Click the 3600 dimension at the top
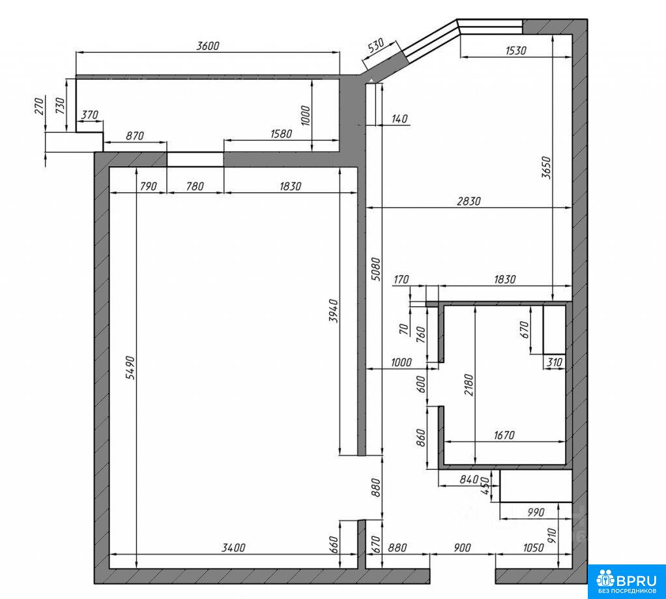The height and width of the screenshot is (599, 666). (208, 46)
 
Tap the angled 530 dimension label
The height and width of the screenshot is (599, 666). (376, 45)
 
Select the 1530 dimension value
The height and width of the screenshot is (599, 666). (516, 51)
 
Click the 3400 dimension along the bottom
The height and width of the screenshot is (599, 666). (233, 548)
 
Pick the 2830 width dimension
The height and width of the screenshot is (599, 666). (469, 201)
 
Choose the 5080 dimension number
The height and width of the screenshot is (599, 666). (376, 269)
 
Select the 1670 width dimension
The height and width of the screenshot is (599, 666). (504, 435)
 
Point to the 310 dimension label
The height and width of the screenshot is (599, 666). (555, 362)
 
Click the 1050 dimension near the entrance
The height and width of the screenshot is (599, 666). (533, 548)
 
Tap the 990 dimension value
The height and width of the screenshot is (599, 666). (536, 512)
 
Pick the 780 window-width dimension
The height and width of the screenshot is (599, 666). (195, 186)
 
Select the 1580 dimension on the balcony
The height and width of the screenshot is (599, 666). (281, 134)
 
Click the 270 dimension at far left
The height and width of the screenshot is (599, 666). (39, 106)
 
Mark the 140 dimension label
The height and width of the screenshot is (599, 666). (399, 119)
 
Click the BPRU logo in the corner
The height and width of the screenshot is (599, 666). (627, 581)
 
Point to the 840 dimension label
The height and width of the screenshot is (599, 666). (469, 480)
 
